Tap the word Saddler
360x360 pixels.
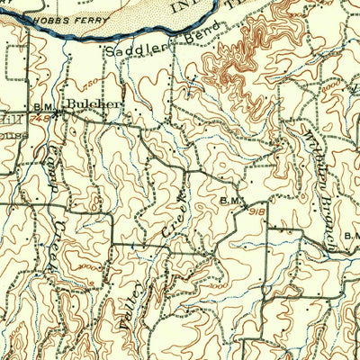128,51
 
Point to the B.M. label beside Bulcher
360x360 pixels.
47,107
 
